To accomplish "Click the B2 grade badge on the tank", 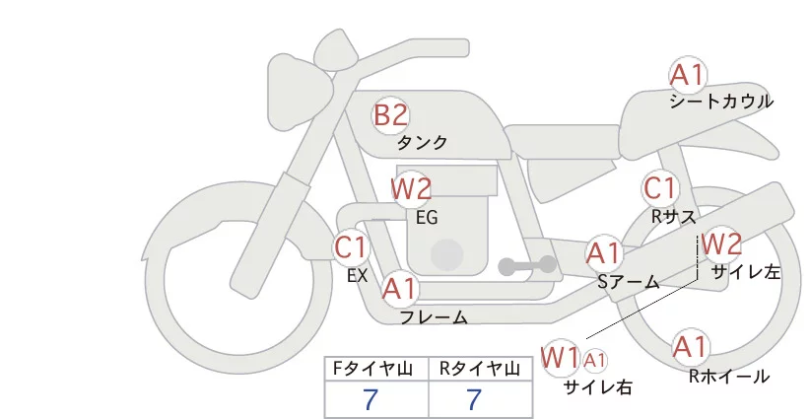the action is point(390,115).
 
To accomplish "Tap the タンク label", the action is point(422,142).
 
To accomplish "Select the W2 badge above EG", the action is point(411,188).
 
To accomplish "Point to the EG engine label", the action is point(427,216).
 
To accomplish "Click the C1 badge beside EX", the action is point(351,246).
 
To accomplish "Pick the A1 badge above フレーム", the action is point(400,289).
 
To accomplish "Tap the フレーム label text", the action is point(434,317).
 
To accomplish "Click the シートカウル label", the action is point(721,102).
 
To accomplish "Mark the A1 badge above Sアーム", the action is point(603,253).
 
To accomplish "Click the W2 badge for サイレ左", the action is point(721,243).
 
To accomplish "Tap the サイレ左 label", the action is point(745,272).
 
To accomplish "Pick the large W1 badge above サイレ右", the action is point(561,356).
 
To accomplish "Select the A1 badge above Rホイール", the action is point(690,347).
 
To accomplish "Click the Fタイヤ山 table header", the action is point(376,369).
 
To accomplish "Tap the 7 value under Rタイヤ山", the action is point(474,399).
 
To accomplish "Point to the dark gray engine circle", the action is point(448,255).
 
